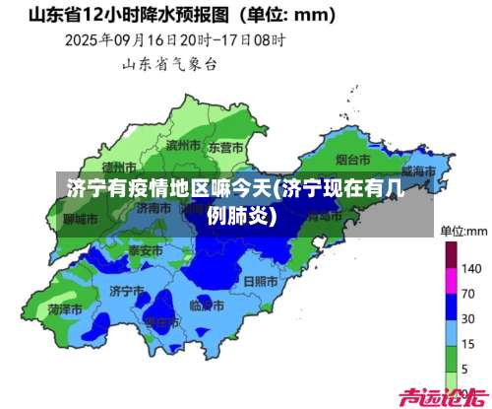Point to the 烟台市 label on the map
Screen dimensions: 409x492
point(352,159)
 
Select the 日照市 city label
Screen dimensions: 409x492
point(261,281)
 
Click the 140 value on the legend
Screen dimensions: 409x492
point(470,269)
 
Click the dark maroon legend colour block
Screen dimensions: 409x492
point(452,256)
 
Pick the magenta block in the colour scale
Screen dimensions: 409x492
point(452,282)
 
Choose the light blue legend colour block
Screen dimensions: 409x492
point(452,331)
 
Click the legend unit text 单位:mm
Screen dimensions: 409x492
point(463,231)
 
